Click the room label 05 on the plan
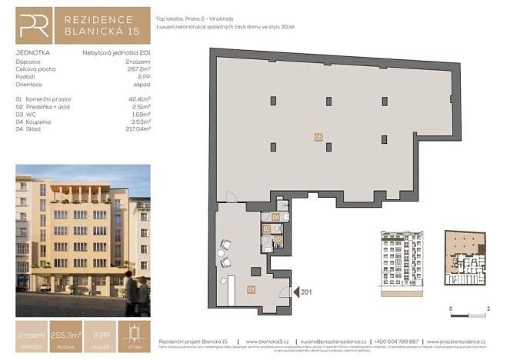click(318, 137)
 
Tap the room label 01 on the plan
click(251, 289)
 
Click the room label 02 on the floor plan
click(278, 241)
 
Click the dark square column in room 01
click(258, 270)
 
